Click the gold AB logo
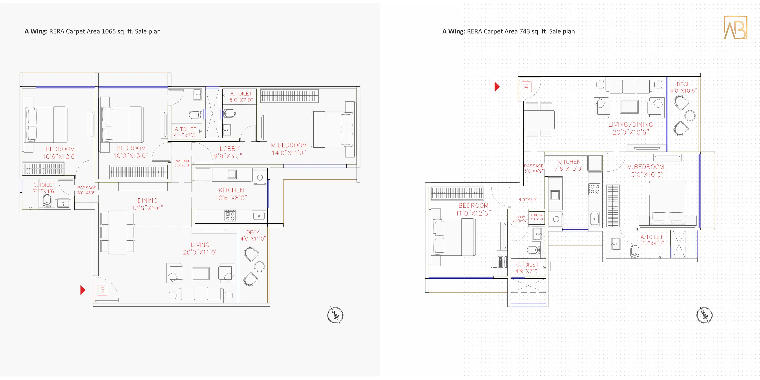click(735, 27)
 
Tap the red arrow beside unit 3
click(83, 290)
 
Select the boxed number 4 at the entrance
click(526, 87)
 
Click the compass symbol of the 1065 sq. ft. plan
click(335, 315)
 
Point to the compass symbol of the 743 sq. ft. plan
click(704, 315)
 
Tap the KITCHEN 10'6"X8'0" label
click(231, 194)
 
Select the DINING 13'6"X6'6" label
click(148, 204)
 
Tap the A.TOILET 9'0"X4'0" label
click(652, 240)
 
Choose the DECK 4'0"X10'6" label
click(684, 87)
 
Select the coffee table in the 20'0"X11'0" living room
click(201, 274)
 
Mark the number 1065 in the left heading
click(109, 31)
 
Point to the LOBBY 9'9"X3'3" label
click(228, 152)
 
